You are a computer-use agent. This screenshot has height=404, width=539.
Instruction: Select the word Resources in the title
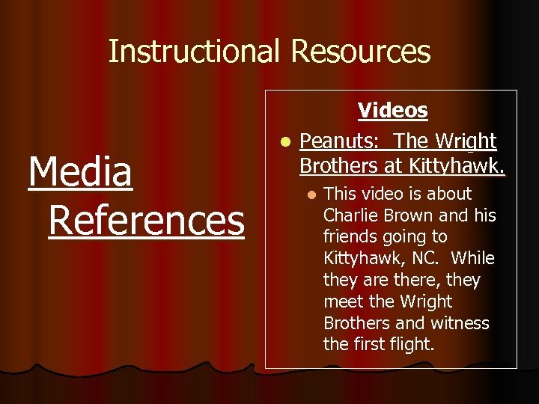(360, 52)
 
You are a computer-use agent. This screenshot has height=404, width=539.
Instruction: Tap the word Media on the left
(80, 172)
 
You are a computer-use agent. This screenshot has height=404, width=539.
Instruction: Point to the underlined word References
(146, 220)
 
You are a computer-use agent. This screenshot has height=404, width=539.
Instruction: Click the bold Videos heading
(392, 111)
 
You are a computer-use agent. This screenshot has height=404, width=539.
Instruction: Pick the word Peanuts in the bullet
(341, 141)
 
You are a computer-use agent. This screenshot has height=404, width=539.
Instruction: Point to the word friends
(350, 237)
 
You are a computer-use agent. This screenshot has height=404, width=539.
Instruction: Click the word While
(473, 259)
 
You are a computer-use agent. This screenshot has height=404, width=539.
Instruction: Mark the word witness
(460, 324)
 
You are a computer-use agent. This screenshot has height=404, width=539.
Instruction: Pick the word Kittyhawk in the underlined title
(462, 164)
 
